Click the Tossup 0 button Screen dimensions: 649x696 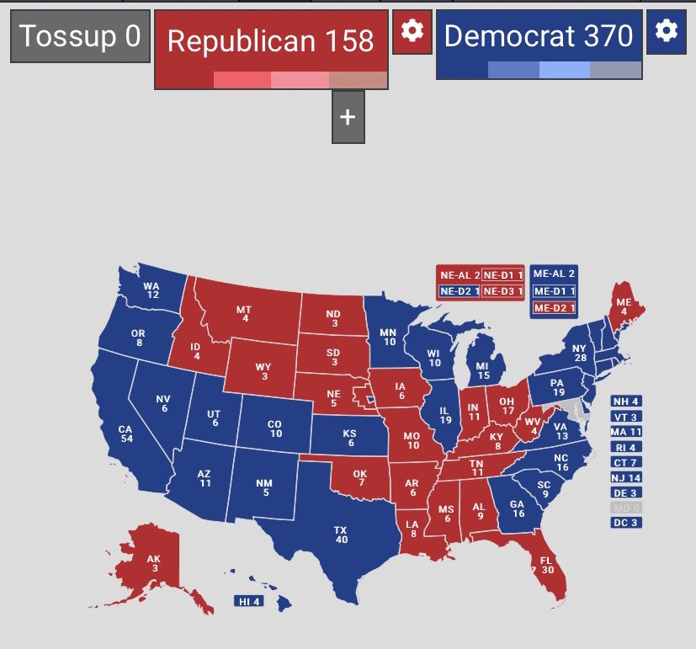[80, 36]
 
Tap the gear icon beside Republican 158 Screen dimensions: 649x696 [412, 31]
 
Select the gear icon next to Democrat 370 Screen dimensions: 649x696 [666, 31]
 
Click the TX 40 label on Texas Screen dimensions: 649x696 [340, 535]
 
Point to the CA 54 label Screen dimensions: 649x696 [126, 434]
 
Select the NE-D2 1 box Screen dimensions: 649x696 [459, 291]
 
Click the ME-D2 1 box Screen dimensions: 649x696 [554, 309]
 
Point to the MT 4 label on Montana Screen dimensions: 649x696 [245, 313]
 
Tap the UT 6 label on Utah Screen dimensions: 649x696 [215, 418]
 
